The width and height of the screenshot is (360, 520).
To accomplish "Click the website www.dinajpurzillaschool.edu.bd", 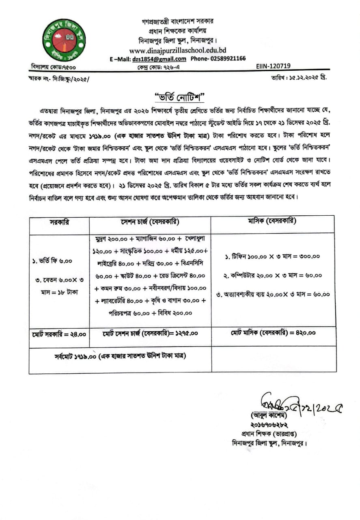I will pos(177,50).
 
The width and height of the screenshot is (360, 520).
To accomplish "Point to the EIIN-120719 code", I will pos(274,66).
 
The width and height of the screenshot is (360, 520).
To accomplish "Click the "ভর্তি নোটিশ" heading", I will pos(180,97).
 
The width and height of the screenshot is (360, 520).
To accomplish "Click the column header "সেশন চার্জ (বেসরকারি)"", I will pos(150,222).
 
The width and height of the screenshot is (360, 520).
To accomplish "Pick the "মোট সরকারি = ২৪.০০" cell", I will pos(59,334).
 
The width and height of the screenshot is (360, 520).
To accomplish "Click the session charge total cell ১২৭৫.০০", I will pos(150,333).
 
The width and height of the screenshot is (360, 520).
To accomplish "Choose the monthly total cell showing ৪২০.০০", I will pos(273,333).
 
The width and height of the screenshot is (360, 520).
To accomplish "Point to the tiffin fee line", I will pos(272,256).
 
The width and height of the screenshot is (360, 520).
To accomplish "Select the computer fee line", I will pos(273,275).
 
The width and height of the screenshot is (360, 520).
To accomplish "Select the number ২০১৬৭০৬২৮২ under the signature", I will pos(267,425).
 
